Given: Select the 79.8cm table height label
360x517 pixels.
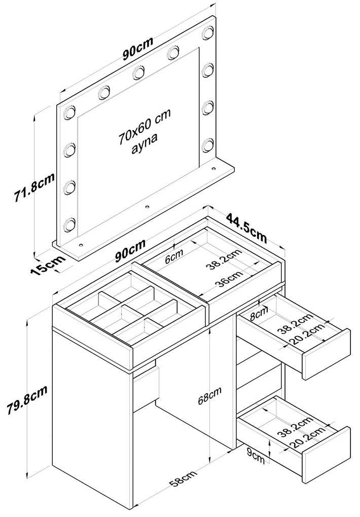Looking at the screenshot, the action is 27,399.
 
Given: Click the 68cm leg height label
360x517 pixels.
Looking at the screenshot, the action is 209,395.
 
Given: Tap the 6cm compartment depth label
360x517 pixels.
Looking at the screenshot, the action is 174,256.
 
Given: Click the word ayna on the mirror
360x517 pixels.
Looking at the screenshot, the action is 144,144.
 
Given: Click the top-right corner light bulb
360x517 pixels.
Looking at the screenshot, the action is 208,32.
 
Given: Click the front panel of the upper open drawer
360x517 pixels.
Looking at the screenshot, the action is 326,354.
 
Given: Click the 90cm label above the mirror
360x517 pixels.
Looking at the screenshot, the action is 138,49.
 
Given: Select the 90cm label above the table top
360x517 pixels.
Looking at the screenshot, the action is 130,250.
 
